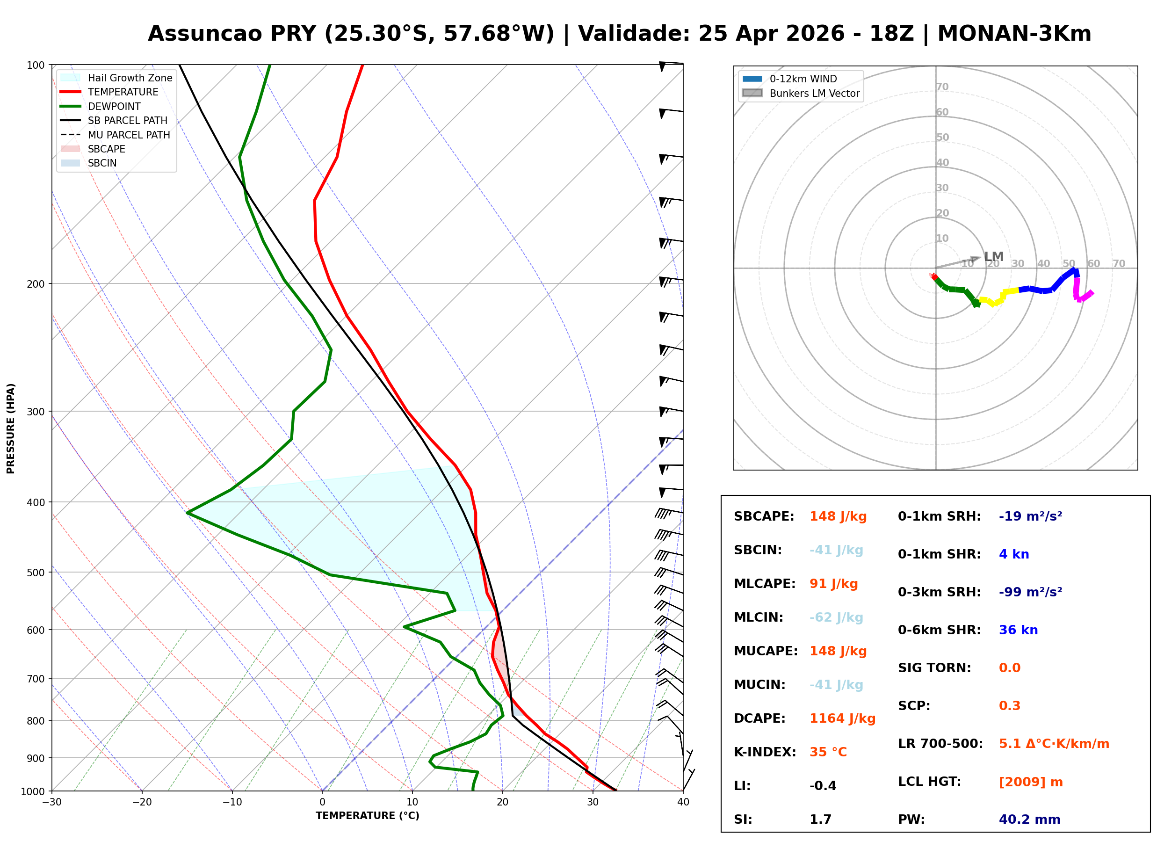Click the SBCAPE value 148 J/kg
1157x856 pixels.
(x=838, y=516)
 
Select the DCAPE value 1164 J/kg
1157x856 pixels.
(x=842, y=718)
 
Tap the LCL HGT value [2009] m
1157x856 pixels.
(x=1030, y=782)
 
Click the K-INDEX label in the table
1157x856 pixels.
(x=765, y=752)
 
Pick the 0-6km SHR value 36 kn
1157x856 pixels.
(x=1018, y=630)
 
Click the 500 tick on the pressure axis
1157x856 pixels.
(x=36, y=573)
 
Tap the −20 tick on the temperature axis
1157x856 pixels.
(x=141, y=803)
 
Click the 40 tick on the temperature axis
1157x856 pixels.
(x=683, y=803)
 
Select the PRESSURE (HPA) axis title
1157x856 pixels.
(x=11, y=428)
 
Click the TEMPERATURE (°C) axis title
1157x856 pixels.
(x=367, y=816)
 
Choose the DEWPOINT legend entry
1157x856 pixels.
(x=114, y=106)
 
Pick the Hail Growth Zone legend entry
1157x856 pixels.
(x=130, y=78)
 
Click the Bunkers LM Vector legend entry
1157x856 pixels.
(x=814, y=93)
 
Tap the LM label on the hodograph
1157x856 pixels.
(x=993, y=256)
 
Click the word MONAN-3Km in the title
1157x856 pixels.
(x=1013, y=34)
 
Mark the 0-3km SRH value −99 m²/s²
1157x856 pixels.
(x=1030, y=592)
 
